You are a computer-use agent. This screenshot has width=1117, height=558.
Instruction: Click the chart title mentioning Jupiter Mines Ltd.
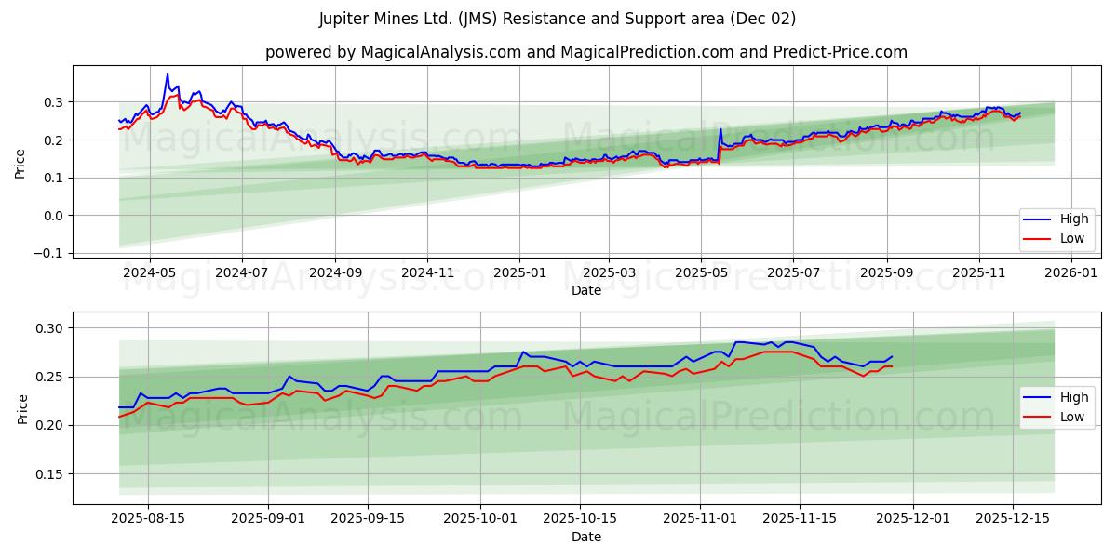point(558,19)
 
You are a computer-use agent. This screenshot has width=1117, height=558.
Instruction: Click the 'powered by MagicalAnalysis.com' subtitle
point(586,52)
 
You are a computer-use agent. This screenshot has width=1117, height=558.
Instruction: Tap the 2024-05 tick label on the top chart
point(150,273)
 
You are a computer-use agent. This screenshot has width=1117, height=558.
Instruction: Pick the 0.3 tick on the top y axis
point(52,101)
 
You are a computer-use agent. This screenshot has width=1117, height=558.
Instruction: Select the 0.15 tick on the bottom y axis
point(48,473)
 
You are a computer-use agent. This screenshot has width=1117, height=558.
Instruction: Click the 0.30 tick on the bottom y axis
point(48,328)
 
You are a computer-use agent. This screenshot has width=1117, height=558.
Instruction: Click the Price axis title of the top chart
point(20,162)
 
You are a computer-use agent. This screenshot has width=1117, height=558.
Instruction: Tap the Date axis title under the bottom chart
point(586,537)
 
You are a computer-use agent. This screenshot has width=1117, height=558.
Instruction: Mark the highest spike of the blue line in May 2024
point(168,74)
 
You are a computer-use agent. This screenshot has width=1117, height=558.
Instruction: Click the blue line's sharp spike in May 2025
point(720,129)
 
